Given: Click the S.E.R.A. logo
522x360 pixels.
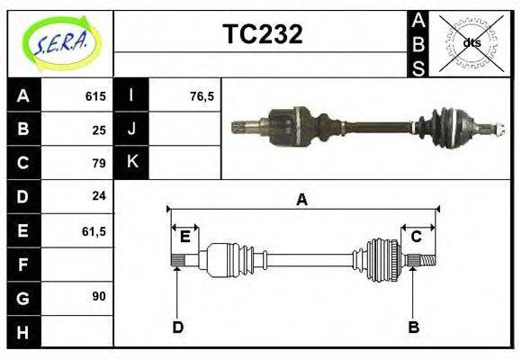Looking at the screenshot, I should [x=59, y=41].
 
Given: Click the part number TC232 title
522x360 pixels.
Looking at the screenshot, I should [x=262, y=35].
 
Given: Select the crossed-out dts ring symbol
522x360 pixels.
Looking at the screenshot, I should [x=470, y=43].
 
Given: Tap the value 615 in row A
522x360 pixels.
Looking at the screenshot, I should [x=95, y=96].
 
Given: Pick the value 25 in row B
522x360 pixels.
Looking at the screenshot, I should [x=99, y=130].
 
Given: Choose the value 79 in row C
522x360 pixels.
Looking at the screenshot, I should [x=99, y=163].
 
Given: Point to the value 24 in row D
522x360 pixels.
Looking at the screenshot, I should [x=99, y=195].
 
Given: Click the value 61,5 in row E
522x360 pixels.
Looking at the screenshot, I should [x=94, y=231].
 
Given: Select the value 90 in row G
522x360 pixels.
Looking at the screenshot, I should [x=99, y=295].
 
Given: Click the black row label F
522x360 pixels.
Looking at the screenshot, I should [x=23, y=265].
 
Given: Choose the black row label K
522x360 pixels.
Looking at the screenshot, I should [x=132, y=162].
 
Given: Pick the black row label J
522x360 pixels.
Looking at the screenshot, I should [x=132, y=129].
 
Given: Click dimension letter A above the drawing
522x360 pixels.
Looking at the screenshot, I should [x=302, y=200].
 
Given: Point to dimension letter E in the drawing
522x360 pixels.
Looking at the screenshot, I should [x=184, y=237].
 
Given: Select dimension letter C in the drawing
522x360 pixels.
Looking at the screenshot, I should [x=417, y=237].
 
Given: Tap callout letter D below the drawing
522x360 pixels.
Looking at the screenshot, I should [x=178, y=327].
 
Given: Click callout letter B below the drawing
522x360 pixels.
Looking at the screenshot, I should [x=414, y=327].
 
